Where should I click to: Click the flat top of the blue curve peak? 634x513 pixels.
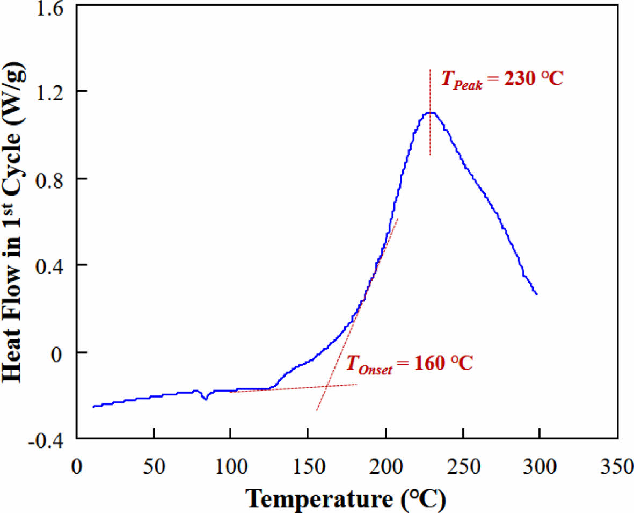point(430,113)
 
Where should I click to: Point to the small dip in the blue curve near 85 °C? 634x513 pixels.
point(205,399)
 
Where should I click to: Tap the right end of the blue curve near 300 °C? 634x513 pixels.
point(536,294)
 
